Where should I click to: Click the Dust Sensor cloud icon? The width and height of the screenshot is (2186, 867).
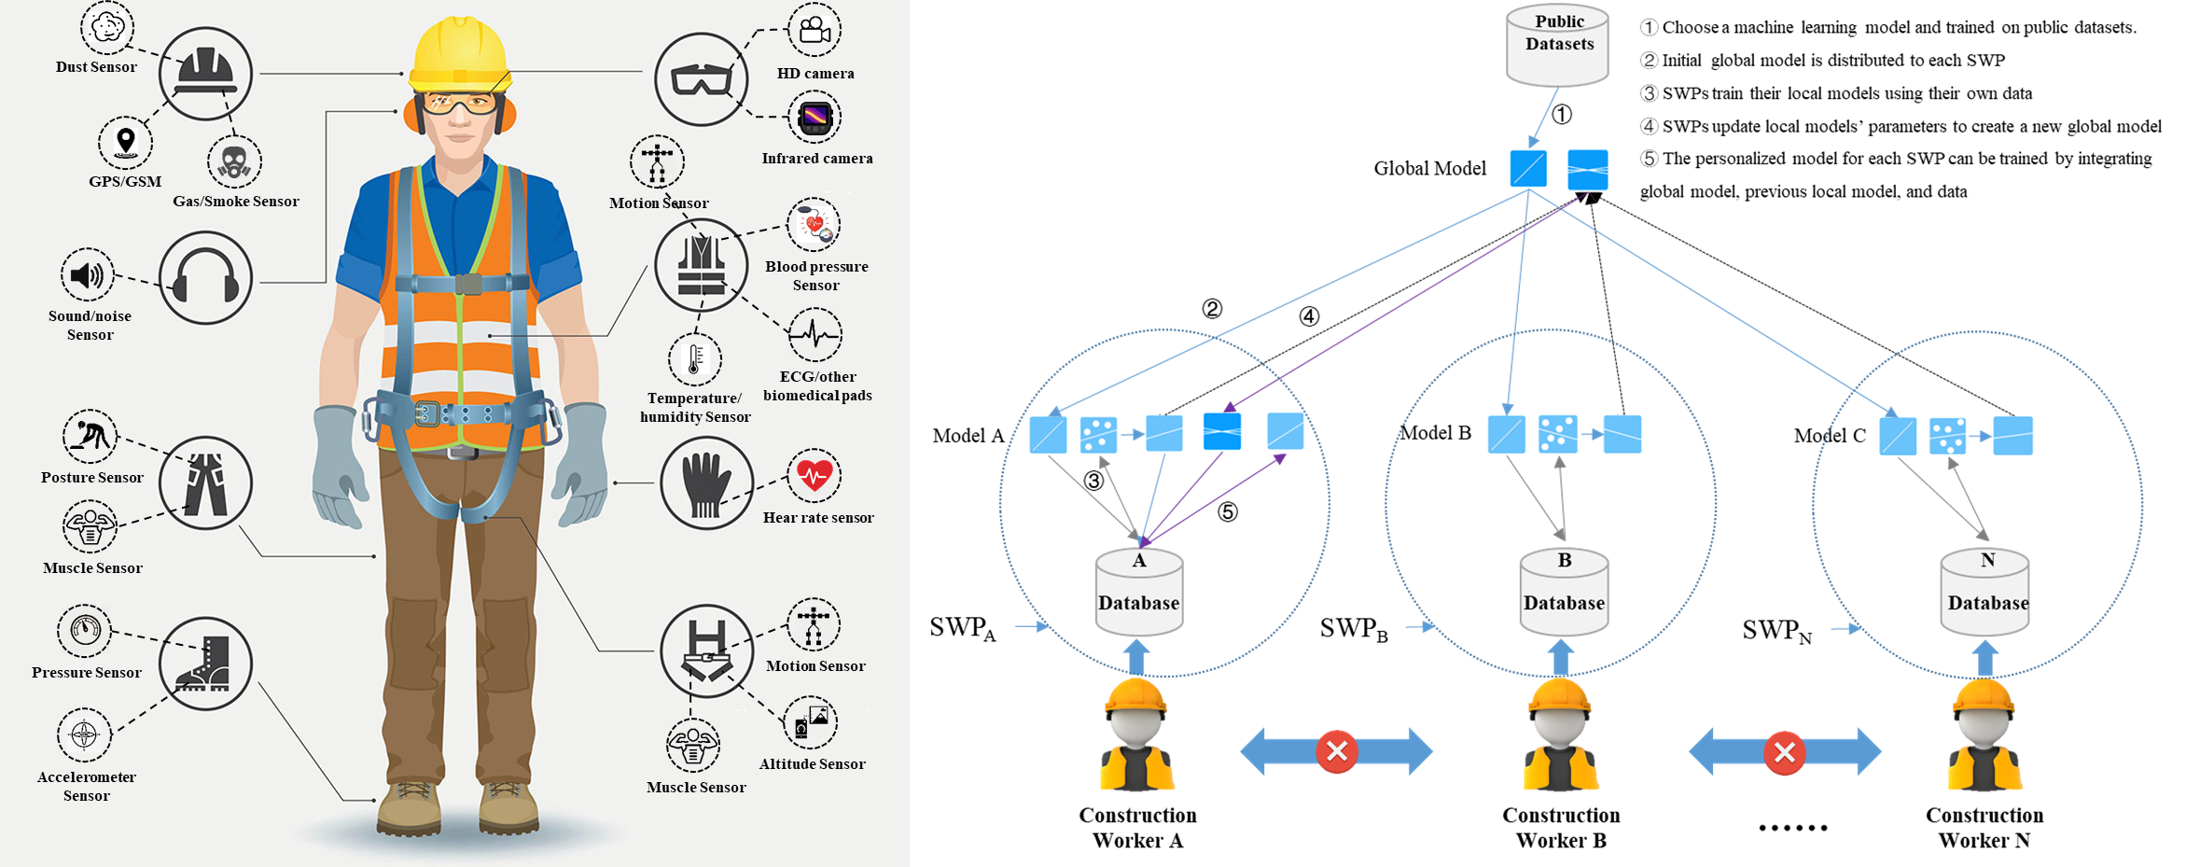pos(107,27)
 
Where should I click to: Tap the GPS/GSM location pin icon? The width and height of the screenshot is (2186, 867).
pos(125,143)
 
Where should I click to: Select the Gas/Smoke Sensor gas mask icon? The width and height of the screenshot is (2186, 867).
pos(233,162)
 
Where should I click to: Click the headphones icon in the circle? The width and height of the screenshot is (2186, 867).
pos(205,278)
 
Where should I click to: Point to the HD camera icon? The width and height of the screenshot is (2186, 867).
pos(815,30)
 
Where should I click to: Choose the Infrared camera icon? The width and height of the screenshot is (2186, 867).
pos(815,118)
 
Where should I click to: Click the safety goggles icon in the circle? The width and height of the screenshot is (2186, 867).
pos(701,79)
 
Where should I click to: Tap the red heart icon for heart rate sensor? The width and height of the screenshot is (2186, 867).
pos(814,475)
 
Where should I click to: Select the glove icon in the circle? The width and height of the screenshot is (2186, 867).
pos(706,483)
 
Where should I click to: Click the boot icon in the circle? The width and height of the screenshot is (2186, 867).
pos(205,664)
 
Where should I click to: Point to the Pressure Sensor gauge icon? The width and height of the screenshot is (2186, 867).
pos(85,630)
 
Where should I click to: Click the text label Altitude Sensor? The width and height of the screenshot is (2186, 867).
pos(812,763)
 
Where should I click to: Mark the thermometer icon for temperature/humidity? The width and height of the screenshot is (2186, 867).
pos(694,359)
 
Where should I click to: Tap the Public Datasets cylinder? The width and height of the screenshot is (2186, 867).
pos(1558,47)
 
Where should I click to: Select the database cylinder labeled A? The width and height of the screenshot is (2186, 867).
pos(1138,593)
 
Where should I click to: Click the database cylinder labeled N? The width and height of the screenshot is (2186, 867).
pos(1986,593)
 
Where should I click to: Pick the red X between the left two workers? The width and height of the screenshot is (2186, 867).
pos(1336,751)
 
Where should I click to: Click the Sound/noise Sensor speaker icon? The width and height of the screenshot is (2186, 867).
pos(88,275)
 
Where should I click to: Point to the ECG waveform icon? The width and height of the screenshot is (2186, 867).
pos(815,334)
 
